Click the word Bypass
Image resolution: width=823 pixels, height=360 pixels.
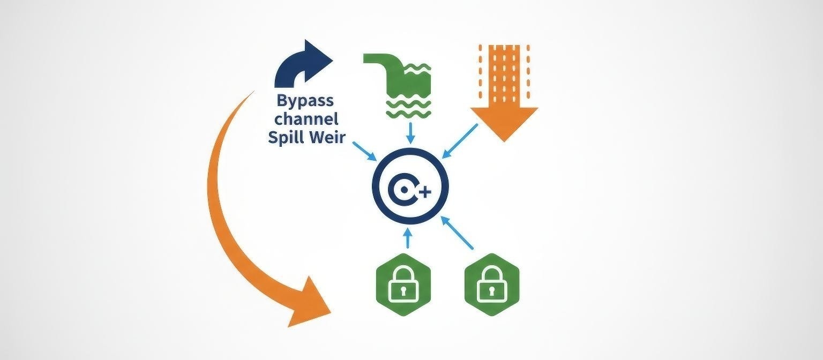coord(304,101)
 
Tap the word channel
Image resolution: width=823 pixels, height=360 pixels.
coord(304,119)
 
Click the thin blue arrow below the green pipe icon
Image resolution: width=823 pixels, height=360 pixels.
coord(410,133)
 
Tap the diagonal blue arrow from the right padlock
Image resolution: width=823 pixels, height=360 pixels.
coord(458,234)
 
